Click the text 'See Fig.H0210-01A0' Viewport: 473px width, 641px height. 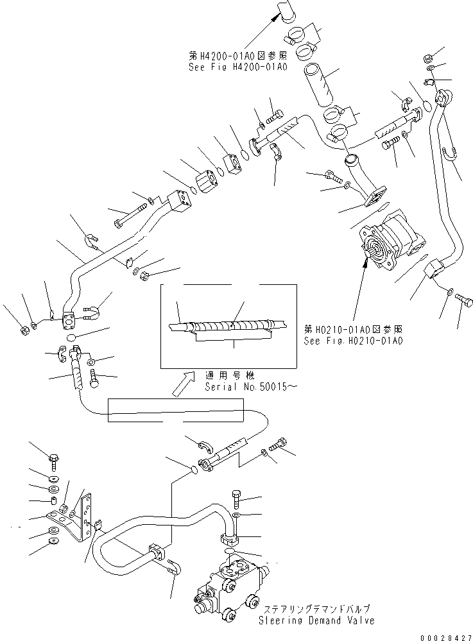[353, 341]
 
